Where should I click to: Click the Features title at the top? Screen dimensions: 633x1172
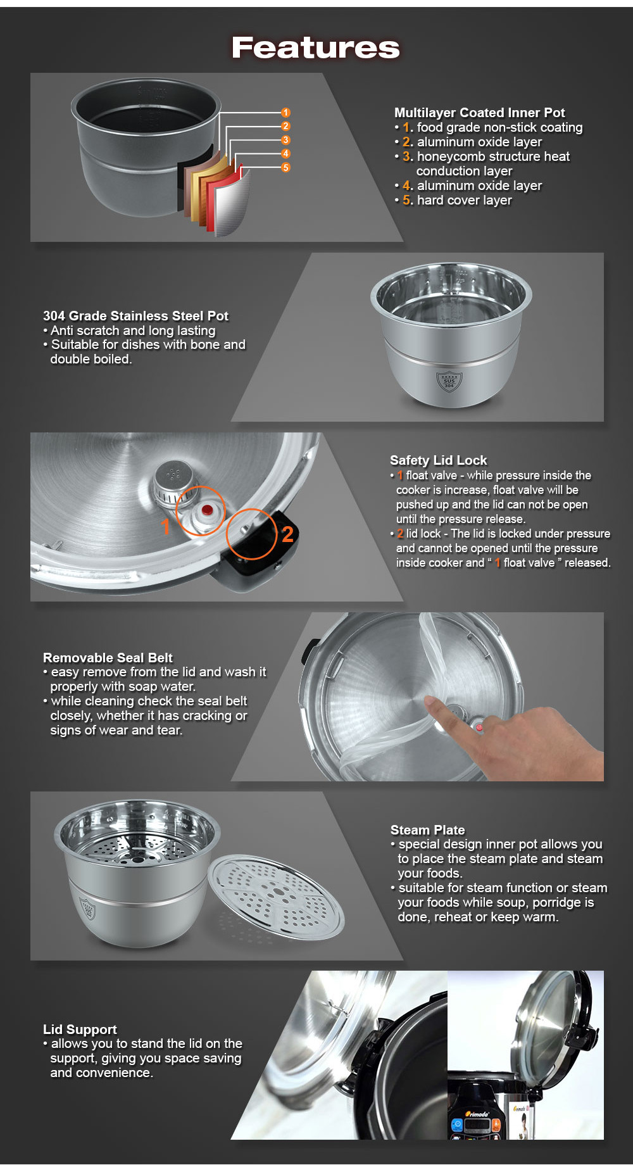click(x=315, y=47)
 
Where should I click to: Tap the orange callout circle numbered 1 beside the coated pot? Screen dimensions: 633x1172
click(x=285, y=113)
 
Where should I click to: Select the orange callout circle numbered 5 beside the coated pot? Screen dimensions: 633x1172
click(x=285, y=168)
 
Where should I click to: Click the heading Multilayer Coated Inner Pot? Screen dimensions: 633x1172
click(x=479, y=113)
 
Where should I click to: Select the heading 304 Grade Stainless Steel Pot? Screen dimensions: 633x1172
click(x=135, y=316)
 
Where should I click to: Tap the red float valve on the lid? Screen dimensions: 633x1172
click(x=206, y=510)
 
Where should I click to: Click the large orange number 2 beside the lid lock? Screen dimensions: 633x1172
click(x=287, y=534)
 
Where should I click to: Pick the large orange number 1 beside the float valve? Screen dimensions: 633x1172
click(x=165, y=526)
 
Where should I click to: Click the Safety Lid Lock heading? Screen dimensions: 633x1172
click(x=438, y=460)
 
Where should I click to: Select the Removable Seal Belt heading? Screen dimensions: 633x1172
click(x=108, y=658)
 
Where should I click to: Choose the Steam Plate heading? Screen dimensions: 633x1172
click(x=427, y=830)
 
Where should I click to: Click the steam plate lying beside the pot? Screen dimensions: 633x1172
click(x=277, y=897)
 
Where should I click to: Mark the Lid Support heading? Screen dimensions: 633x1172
click(x=80, y=1030)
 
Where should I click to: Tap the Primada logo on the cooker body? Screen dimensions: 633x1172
click(x=477, y=1114)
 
